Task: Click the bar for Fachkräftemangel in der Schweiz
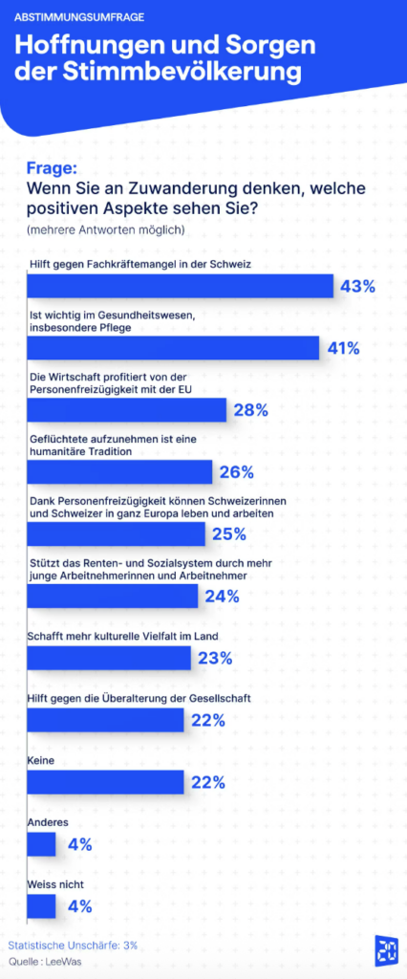click(x=181, y=286)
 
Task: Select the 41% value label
click(x=343, y=348)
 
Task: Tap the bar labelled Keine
click(x=105, y=782)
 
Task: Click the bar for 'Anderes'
click(x=41, y=844)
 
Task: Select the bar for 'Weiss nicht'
click(x=41, y=906)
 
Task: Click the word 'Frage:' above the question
click(x=51, y=168)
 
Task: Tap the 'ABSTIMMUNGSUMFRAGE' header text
click(x=79, y=17)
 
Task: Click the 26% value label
click(x=237, y=472)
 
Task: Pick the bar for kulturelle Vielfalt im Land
click(x=109, y=658)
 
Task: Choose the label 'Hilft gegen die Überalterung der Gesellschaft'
click(x=140, y=698)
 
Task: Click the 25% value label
click(x=229, y=534)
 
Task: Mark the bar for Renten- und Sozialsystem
click(x=113, y=597)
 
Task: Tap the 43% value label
click(x=357, y=286)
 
